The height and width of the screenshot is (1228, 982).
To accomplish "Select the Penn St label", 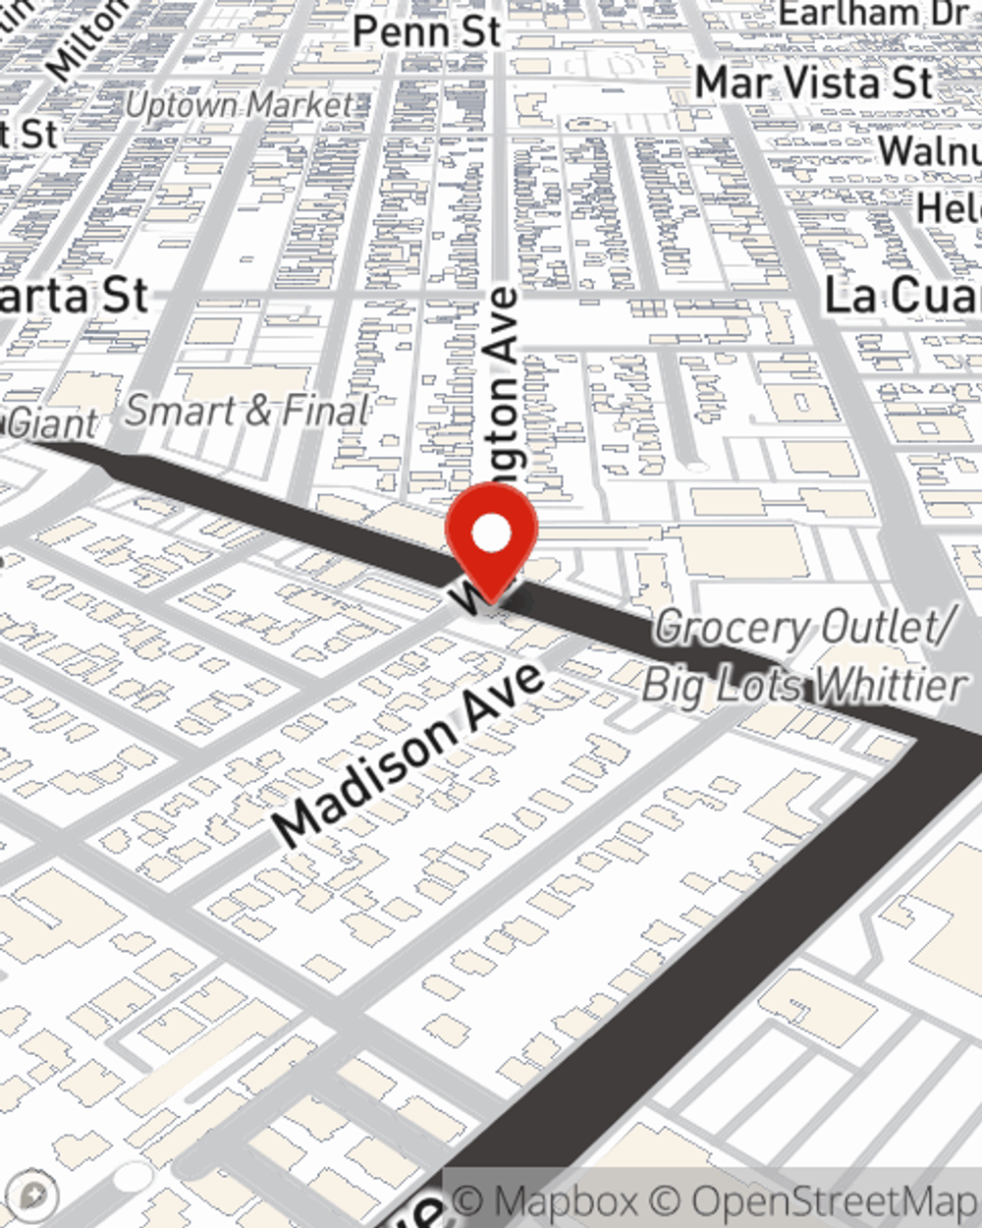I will (x=426, y=31).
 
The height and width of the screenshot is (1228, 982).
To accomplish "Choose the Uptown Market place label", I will (x=239, y=105).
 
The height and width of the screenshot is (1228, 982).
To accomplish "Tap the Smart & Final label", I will (x=247, y=411).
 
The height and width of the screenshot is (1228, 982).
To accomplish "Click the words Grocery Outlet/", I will (x=800, y=628).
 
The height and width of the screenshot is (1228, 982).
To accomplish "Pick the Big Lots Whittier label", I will (x=803, y=684).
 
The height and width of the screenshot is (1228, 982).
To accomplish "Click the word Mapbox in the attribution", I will (x=564, y=1200).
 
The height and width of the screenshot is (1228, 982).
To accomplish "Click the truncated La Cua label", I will (x=901, y=296).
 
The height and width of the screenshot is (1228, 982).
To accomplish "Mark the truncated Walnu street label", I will (x=928, y=150).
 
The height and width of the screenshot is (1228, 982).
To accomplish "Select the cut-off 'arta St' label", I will (x=74, y=296).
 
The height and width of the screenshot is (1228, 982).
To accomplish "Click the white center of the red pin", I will (x=491, y=533).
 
